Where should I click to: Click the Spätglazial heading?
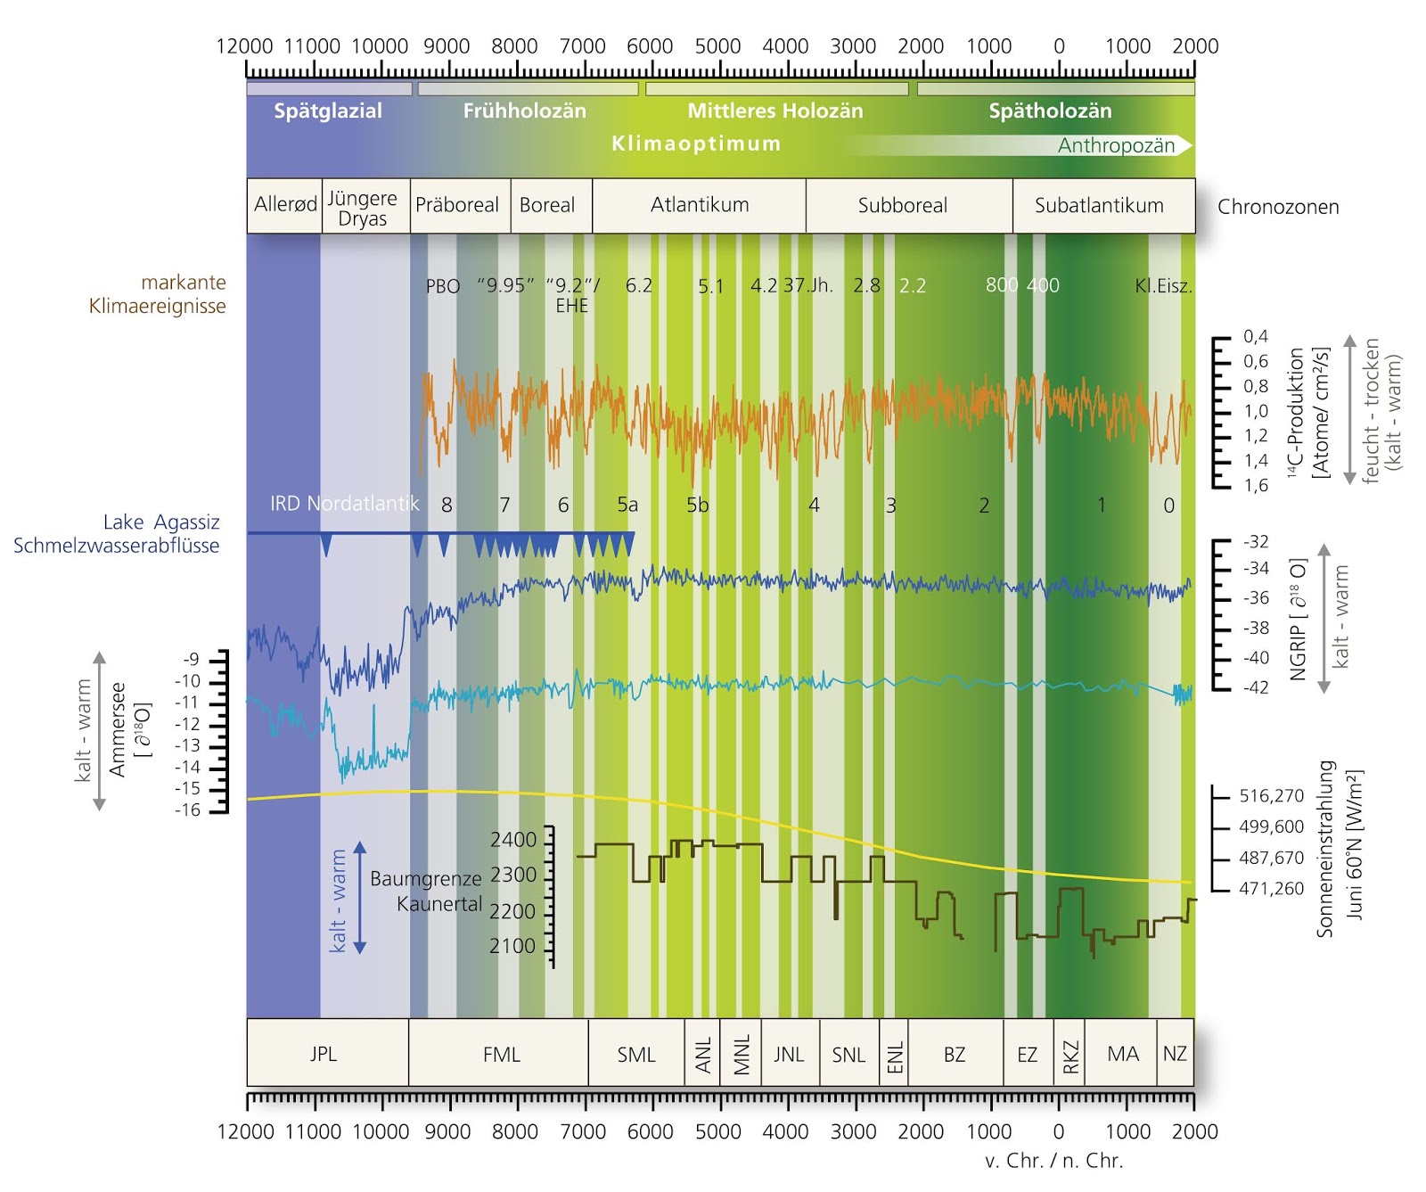327,111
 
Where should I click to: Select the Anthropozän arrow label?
1116,146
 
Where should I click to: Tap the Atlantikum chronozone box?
699,206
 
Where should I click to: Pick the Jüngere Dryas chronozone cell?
363,208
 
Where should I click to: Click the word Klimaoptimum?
696,144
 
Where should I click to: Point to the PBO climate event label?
443,286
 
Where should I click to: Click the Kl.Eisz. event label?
1163,286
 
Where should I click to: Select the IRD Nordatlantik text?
344,504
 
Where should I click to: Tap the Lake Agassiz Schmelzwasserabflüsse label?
117,534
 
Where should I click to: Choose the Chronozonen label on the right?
1277,207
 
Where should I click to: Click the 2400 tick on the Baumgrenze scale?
513,840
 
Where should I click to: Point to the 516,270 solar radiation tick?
1271,796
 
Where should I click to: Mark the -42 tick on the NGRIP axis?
1256,687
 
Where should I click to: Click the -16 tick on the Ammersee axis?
188,810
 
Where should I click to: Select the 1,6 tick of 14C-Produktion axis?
1256,486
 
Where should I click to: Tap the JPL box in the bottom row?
324,1054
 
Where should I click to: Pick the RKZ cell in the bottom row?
1069,1054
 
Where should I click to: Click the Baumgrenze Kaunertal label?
426,891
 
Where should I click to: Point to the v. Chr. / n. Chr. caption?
1053,1161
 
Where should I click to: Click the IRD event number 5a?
627,505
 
